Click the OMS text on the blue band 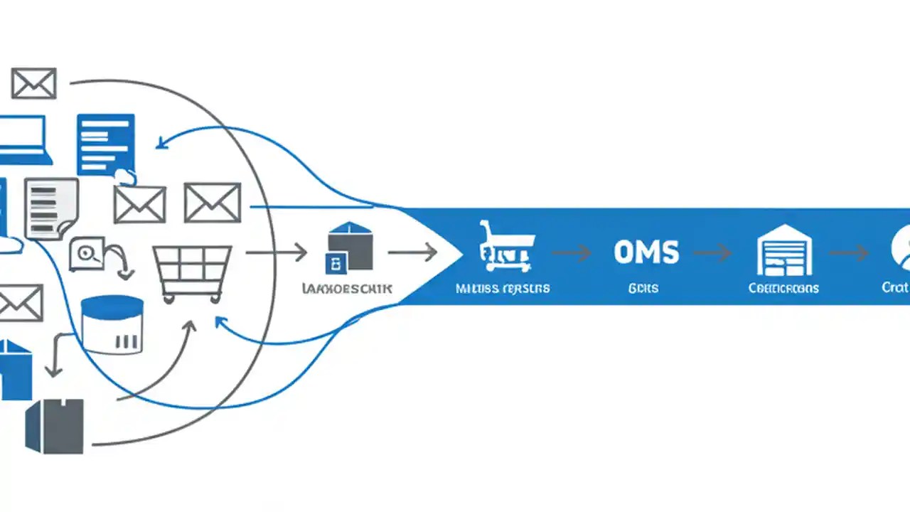pyautogui.click(x=646, y=252)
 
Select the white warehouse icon pyautogui.click(x=783, y=250)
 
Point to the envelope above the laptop pyautogui.click(x=33, y=83)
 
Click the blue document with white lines pyautogui.click(x=105, y=144)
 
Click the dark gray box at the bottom pyautogui.click(x=55, y=425)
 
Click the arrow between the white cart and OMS pyautogui.click(x=572, y=252)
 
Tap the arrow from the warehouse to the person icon pyautogui.click(x=849, y=252)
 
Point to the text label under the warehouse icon pyautogui.click(x=783, y=288)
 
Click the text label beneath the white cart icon pyautogui.click(x=502, y=288)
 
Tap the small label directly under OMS pyautogui.click(x=643, y=288)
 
